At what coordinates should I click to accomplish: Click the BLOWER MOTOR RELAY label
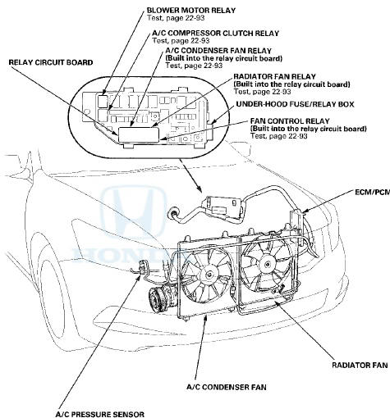coord(191,10)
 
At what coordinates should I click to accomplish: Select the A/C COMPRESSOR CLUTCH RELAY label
coord(216,34)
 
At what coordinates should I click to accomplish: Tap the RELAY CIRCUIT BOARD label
coord(51,62)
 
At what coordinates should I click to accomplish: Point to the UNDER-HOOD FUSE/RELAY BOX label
coord(295,104)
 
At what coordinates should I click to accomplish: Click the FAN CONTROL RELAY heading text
coord(290,120)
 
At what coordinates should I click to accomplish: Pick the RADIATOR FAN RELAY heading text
coord(274,76)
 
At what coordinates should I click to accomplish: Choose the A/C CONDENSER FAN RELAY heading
coord(218,51)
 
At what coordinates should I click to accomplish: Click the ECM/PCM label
coord(373,192)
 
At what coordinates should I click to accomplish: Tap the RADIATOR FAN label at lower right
coord(360,365)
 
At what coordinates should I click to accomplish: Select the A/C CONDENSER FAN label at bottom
coord(227,387)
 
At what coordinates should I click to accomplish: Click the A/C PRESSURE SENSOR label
coord(100,414)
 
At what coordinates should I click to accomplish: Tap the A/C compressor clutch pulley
coord(157,300)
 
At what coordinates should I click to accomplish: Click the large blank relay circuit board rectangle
coord(139,134)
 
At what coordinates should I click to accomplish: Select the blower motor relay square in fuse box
coord(103,101)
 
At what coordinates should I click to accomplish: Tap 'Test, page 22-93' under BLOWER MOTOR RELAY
coord(176,18)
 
